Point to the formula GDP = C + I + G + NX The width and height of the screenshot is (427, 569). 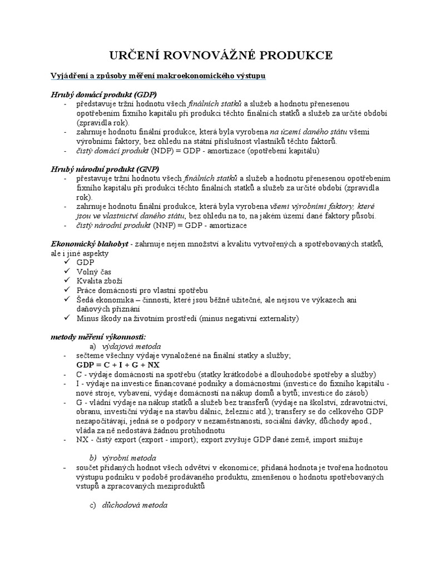tap(118, 365)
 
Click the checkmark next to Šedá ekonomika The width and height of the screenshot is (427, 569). tap(67, 300)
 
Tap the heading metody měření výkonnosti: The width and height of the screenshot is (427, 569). tap(98, 337)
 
